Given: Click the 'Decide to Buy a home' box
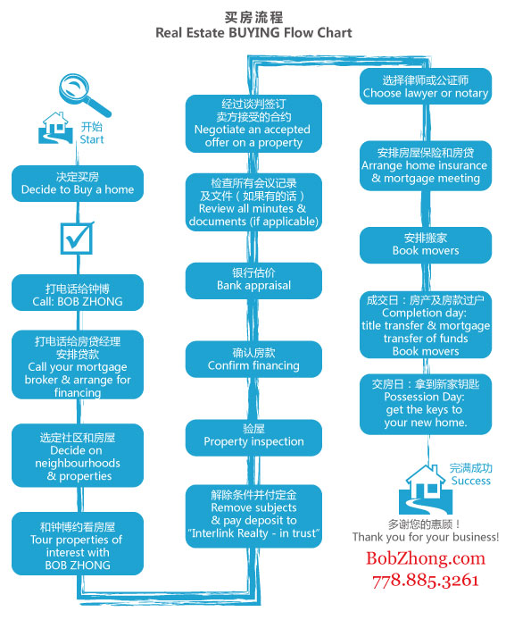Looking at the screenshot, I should coord(77,183).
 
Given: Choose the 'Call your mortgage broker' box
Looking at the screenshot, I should coord(77,366).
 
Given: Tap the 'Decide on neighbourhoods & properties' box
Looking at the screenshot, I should coord(77,457).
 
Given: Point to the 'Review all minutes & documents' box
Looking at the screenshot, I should coord(253,202).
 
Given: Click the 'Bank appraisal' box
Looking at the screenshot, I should coord(253,280).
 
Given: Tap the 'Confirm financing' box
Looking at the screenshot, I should coord(253,359).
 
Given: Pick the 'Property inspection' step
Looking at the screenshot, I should coord(253,435).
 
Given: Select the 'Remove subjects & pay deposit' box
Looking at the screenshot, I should coord(253,515).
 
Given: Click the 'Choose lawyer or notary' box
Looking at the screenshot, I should coord(425,87).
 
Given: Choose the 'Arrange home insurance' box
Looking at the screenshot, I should coord(425,165).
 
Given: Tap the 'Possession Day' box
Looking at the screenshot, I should coord(425,403).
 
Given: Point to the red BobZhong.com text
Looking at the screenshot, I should coord(426,558).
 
